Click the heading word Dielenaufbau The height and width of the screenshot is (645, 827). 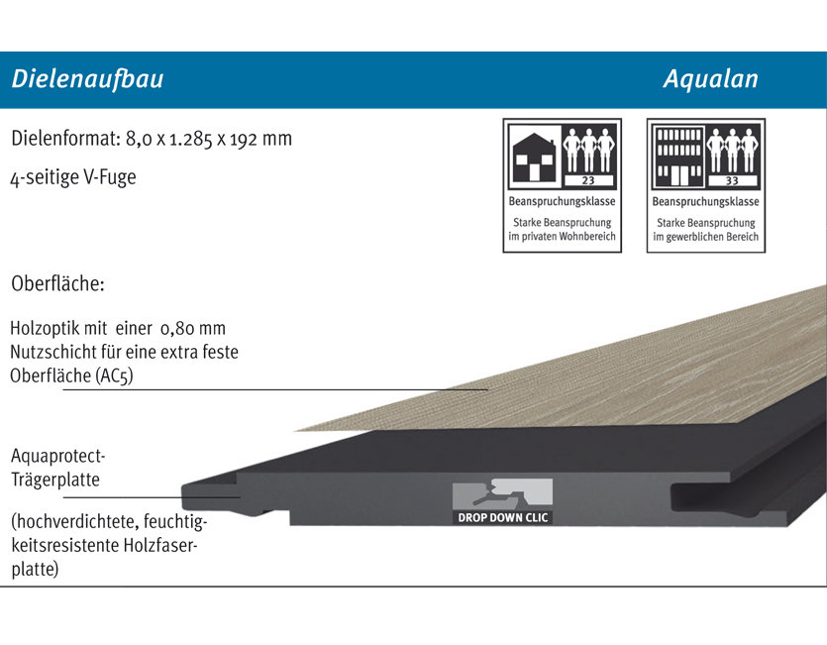pyautogui.click(x=87, y=79)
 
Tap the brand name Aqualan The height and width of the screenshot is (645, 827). pyautogui.click(x=710, y=79)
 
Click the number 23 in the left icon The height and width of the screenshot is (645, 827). pyautogui.click(x=588, y=180)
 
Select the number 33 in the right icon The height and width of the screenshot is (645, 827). pyautogui.click(x=732, y=180)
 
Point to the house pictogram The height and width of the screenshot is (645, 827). pyautogui.click(x=534, y=158)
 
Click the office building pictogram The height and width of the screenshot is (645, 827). pyautogui.click(x=678, y=157)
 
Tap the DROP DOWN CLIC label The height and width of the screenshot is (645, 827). pyautogui.click(x=502, y=518)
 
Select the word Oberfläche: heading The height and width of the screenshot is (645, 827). pyautogui.click(x=58, y=284)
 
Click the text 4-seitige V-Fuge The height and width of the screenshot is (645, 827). pyautogui.click(x=73, y=177)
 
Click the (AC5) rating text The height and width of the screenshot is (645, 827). pyautogui.click(x=115, y=376)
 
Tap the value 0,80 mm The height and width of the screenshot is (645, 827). pyautogui.click(x=193, y=328)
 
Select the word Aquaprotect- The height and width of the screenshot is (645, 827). pyautogui.click(x=58, y=456)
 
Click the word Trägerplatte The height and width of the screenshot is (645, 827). pyautogui.click(x=55, y=480)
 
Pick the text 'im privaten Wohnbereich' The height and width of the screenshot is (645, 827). pyautogui.click(x=563, y=237)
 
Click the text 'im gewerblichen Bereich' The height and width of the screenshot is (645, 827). pyautogui.click(x=706, y=237)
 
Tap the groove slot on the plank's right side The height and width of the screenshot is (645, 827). pyautogui.click(x=739, y=496)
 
